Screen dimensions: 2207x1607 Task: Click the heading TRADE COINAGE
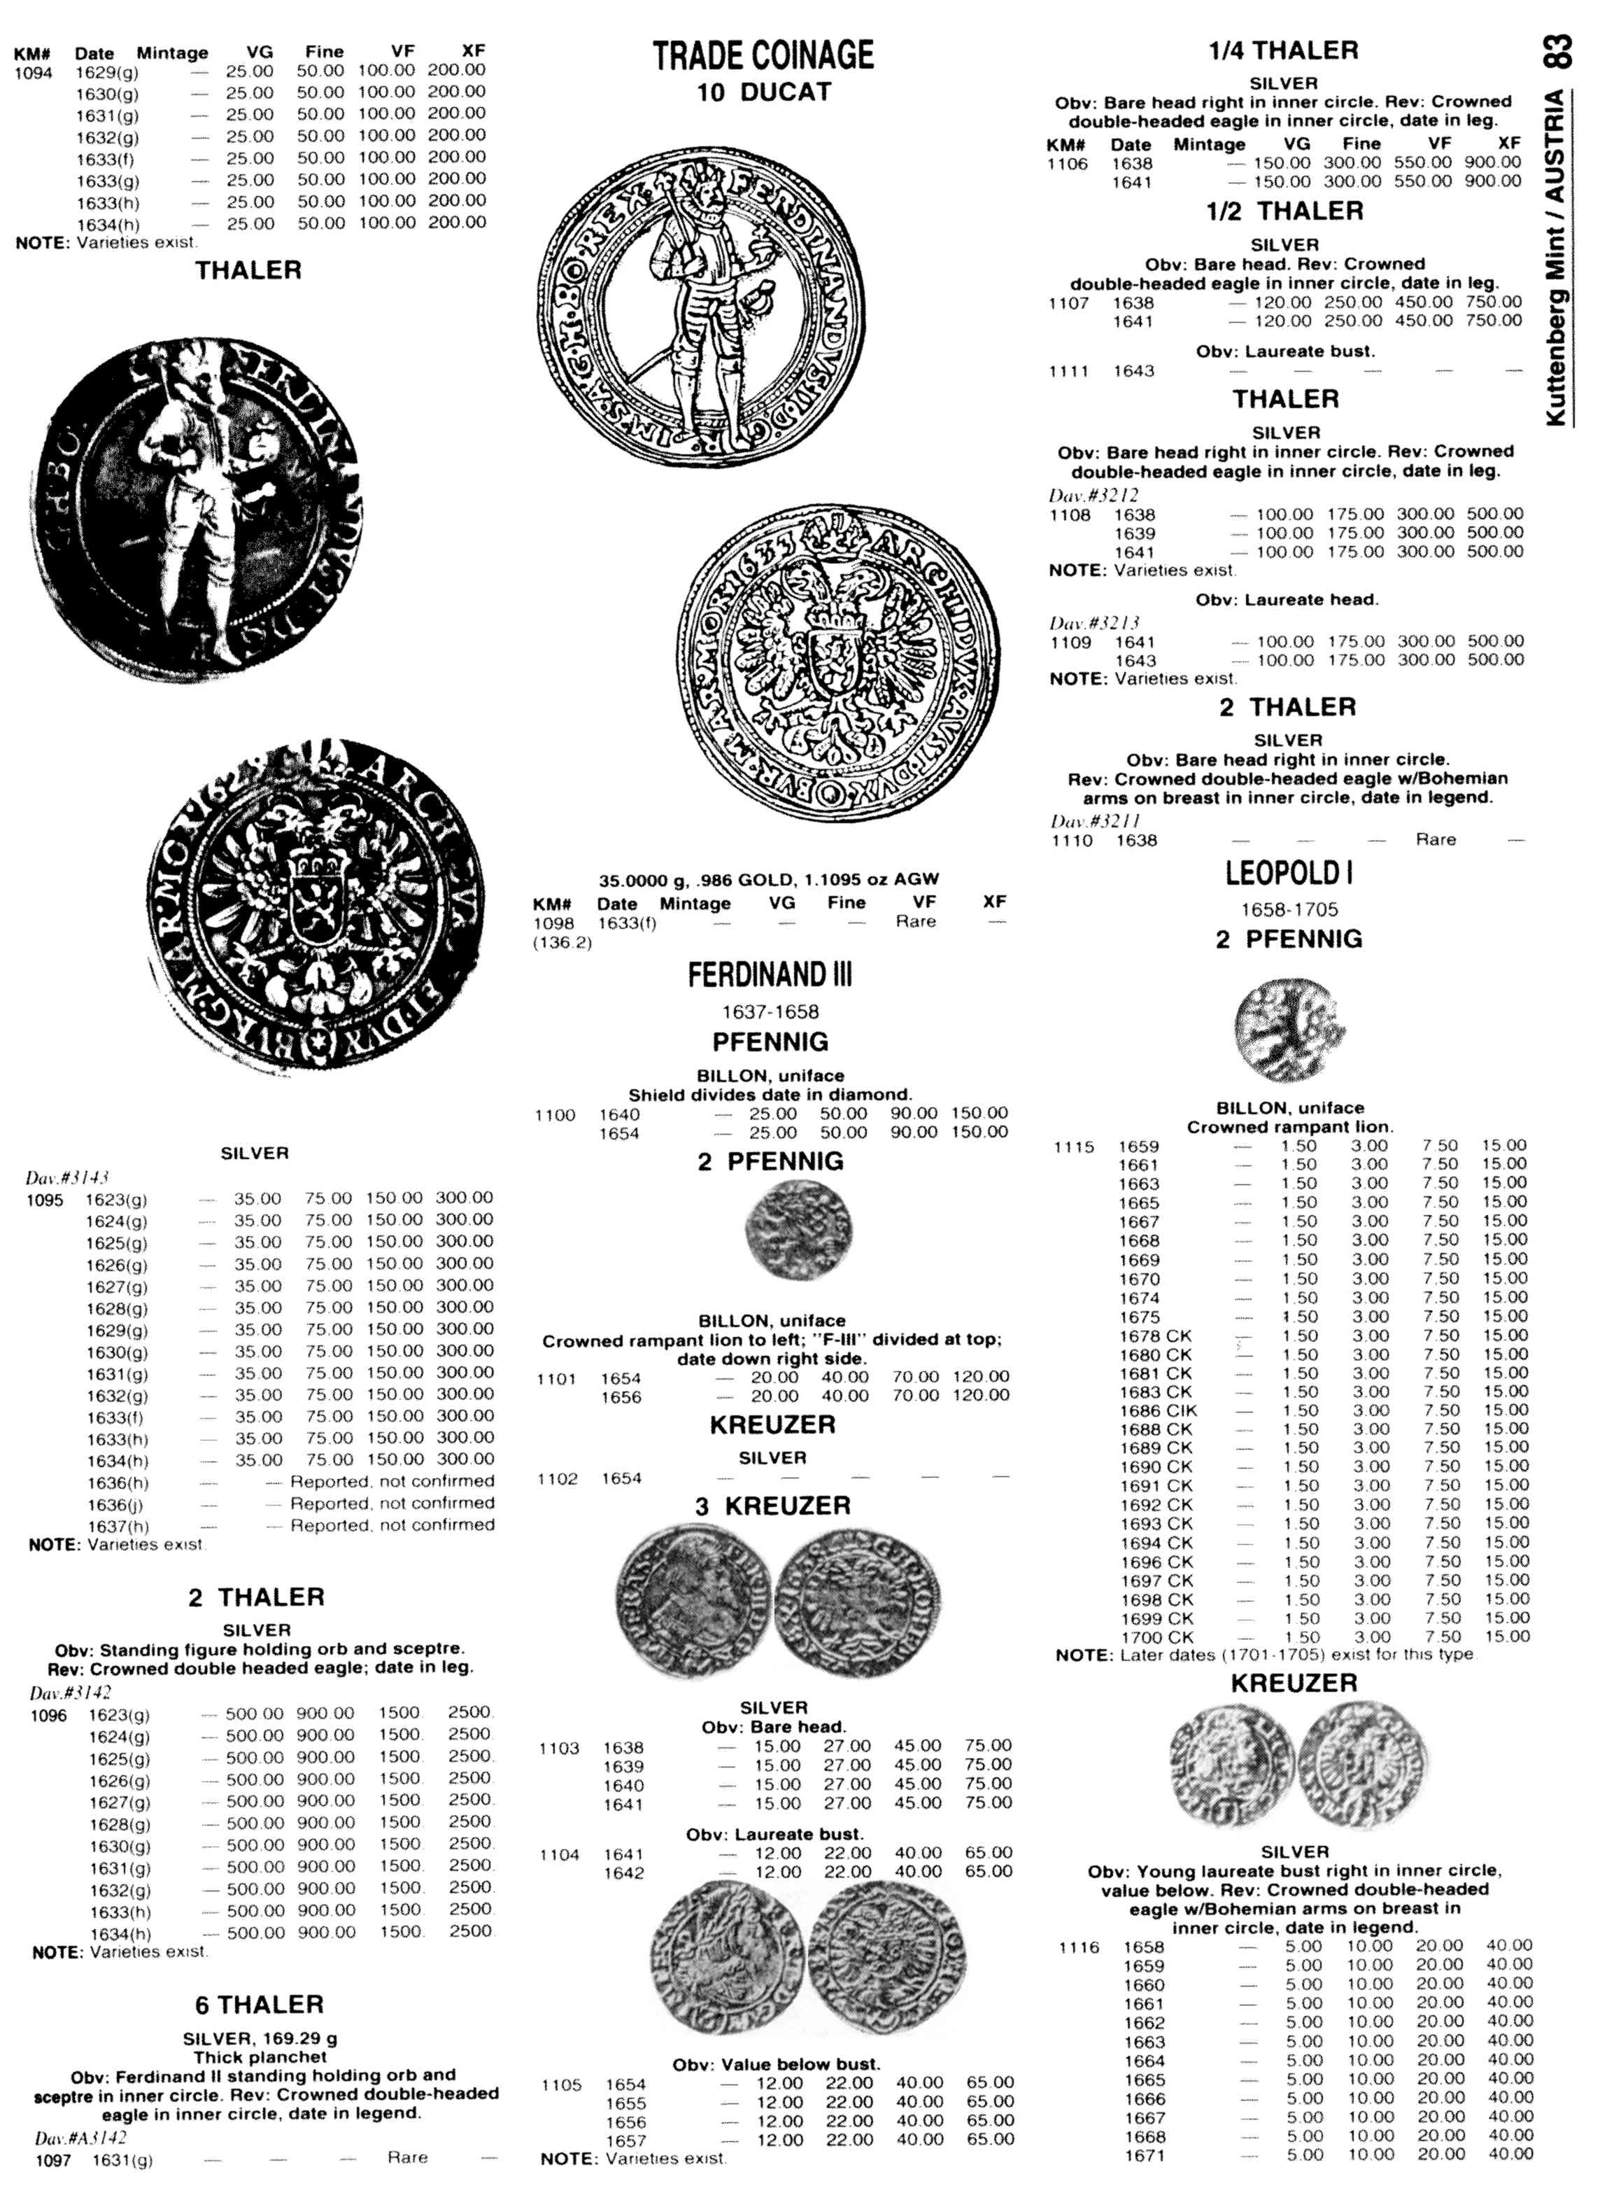(763, 55)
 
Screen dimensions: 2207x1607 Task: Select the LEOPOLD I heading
(1288, 873)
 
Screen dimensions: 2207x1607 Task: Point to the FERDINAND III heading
(770, 975)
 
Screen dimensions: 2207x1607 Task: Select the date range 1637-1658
(770, 1011)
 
